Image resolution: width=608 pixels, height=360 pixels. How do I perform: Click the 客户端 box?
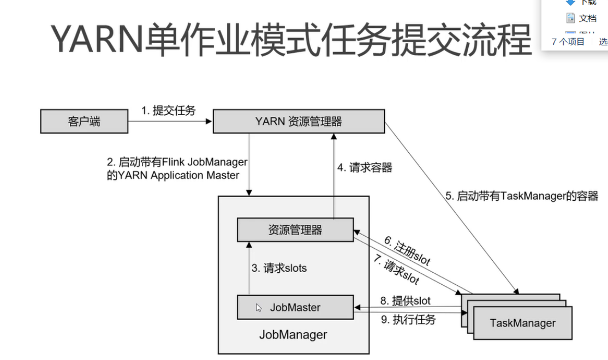click(x=84, y=121)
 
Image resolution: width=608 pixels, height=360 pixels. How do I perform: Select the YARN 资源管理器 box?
click(x=298, y=121)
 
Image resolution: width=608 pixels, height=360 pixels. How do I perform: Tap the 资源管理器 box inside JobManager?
click(x=295, y=230)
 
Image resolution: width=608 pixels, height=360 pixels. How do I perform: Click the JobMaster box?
click(x=295, y=307)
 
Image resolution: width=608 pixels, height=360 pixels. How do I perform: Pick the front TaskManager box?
click(x=522, y=323)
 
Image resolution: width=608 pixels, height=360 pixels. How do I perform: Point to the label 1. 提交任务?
click(x=168, y=111)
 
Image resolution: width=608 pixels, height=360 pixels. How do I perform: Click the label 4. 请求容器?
click(x=365, y=168)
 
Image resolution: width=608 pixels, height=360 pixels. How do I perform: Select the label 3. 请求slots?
click(x=279, y=268)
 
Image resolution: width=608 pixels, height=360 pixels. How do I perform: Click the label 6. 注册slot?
click(x=407, y=250)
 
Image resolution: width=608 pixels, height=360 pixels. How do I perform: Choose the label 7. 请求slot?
click(x=396, y=271)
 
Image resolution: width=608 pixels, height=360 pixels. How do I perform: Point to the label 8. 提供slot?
click(x=406, y=301)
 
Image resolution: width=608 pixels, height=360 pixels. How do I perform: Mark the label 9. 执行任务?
click(x=408, y=320)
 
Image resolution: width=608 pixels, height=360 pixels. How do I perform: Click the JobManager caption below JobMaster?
click(x=293, y=335)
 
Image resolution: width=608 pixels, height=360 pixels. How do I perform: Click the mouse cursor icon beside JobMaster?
click(x=259, y=308)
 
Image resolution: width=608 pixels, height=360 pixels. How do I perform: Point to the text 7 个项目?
click(x=568, y=41)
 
